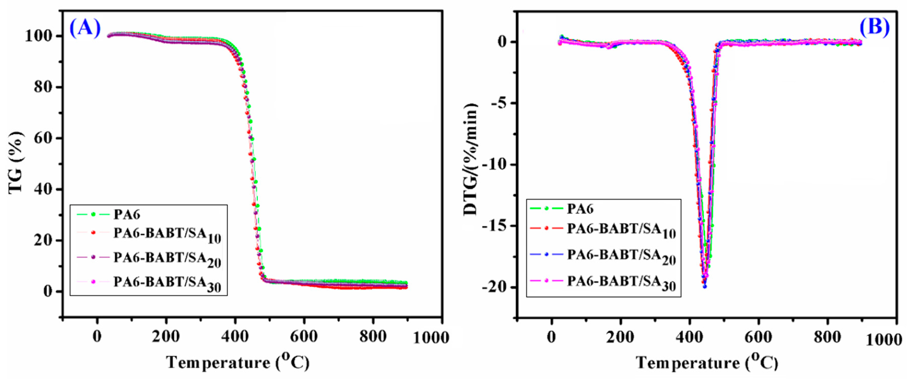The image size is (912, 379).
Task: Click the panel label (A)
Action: coord(85,28)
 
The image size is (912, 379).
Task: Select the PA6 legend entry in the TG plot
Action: coord(127,214)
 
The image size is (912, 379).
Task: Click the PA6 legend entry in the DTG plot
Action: coord(580,209)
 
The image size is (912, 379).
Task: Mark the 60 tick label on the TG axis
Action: coord(43,138)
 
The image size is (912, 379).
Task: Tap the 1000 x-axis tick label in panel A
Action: coord(431,338)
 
